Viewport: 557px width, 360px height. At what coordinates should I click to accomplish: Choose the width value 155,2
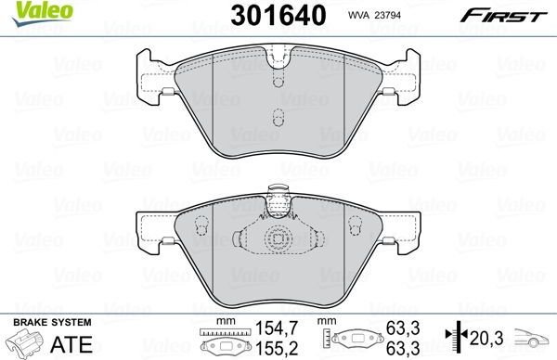[269, 346]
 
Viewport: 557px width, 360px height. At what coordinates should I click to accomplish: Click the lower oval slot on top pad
[278, 118]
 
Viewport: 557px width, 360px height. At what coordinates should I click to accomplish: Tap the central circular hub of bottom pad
[277, 238]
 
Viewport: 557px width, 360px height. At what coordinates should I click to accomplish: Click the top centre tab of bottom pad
[277, 196]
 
